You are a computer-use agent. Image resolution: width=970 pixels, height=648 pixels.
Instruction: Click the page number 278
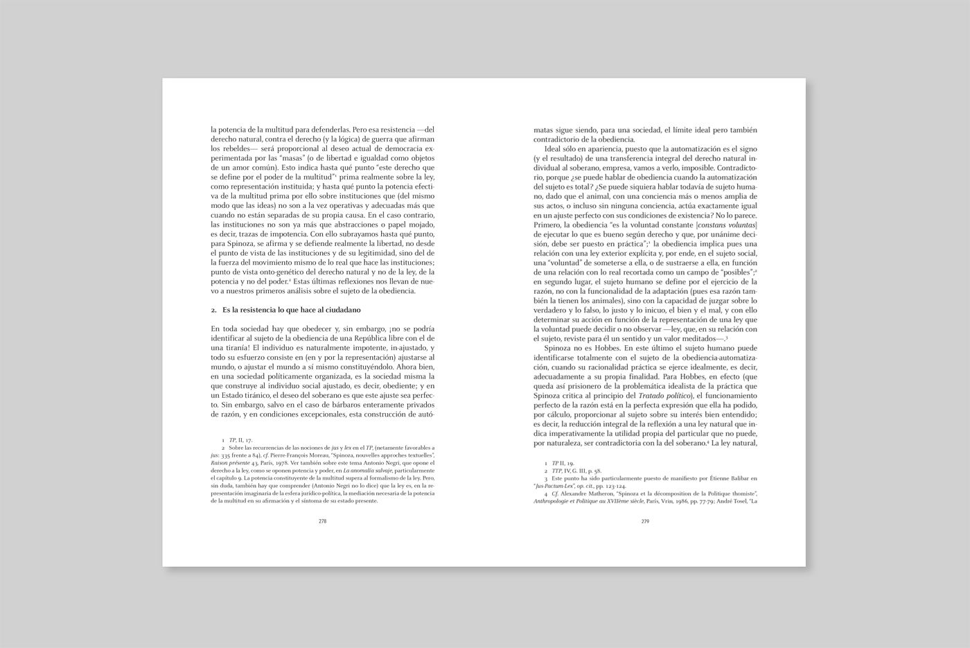tap(322, 521)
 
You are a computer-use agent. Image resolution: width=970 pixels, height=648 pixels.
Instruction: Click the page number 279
tap(644, 521)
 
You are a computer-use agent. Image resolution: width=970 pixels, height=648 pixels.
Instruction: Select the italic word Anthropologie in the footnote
tap(554, 500)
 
